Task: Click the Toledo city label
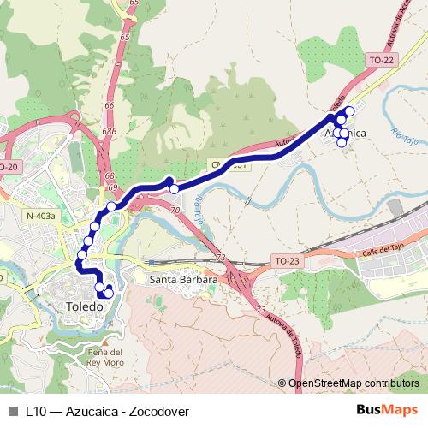point(85,306)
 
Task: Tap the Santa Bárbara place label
point(183,279)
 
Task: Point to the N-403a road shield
point(40,217)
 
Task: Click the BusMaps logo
point(393,409)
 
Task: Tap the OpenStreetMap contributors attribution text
point(353,383)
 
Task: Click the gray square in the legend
point(12,410)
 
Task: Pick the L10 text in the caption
point(37,410)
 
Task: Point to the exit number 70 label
point(175,210)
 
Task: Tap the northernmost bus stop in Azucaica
point(349,111)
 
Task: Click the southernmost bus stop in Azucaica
point(342,142)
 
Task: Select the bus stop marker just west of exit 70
point(174,188)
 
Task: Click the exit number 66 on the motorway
point(109,104)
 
